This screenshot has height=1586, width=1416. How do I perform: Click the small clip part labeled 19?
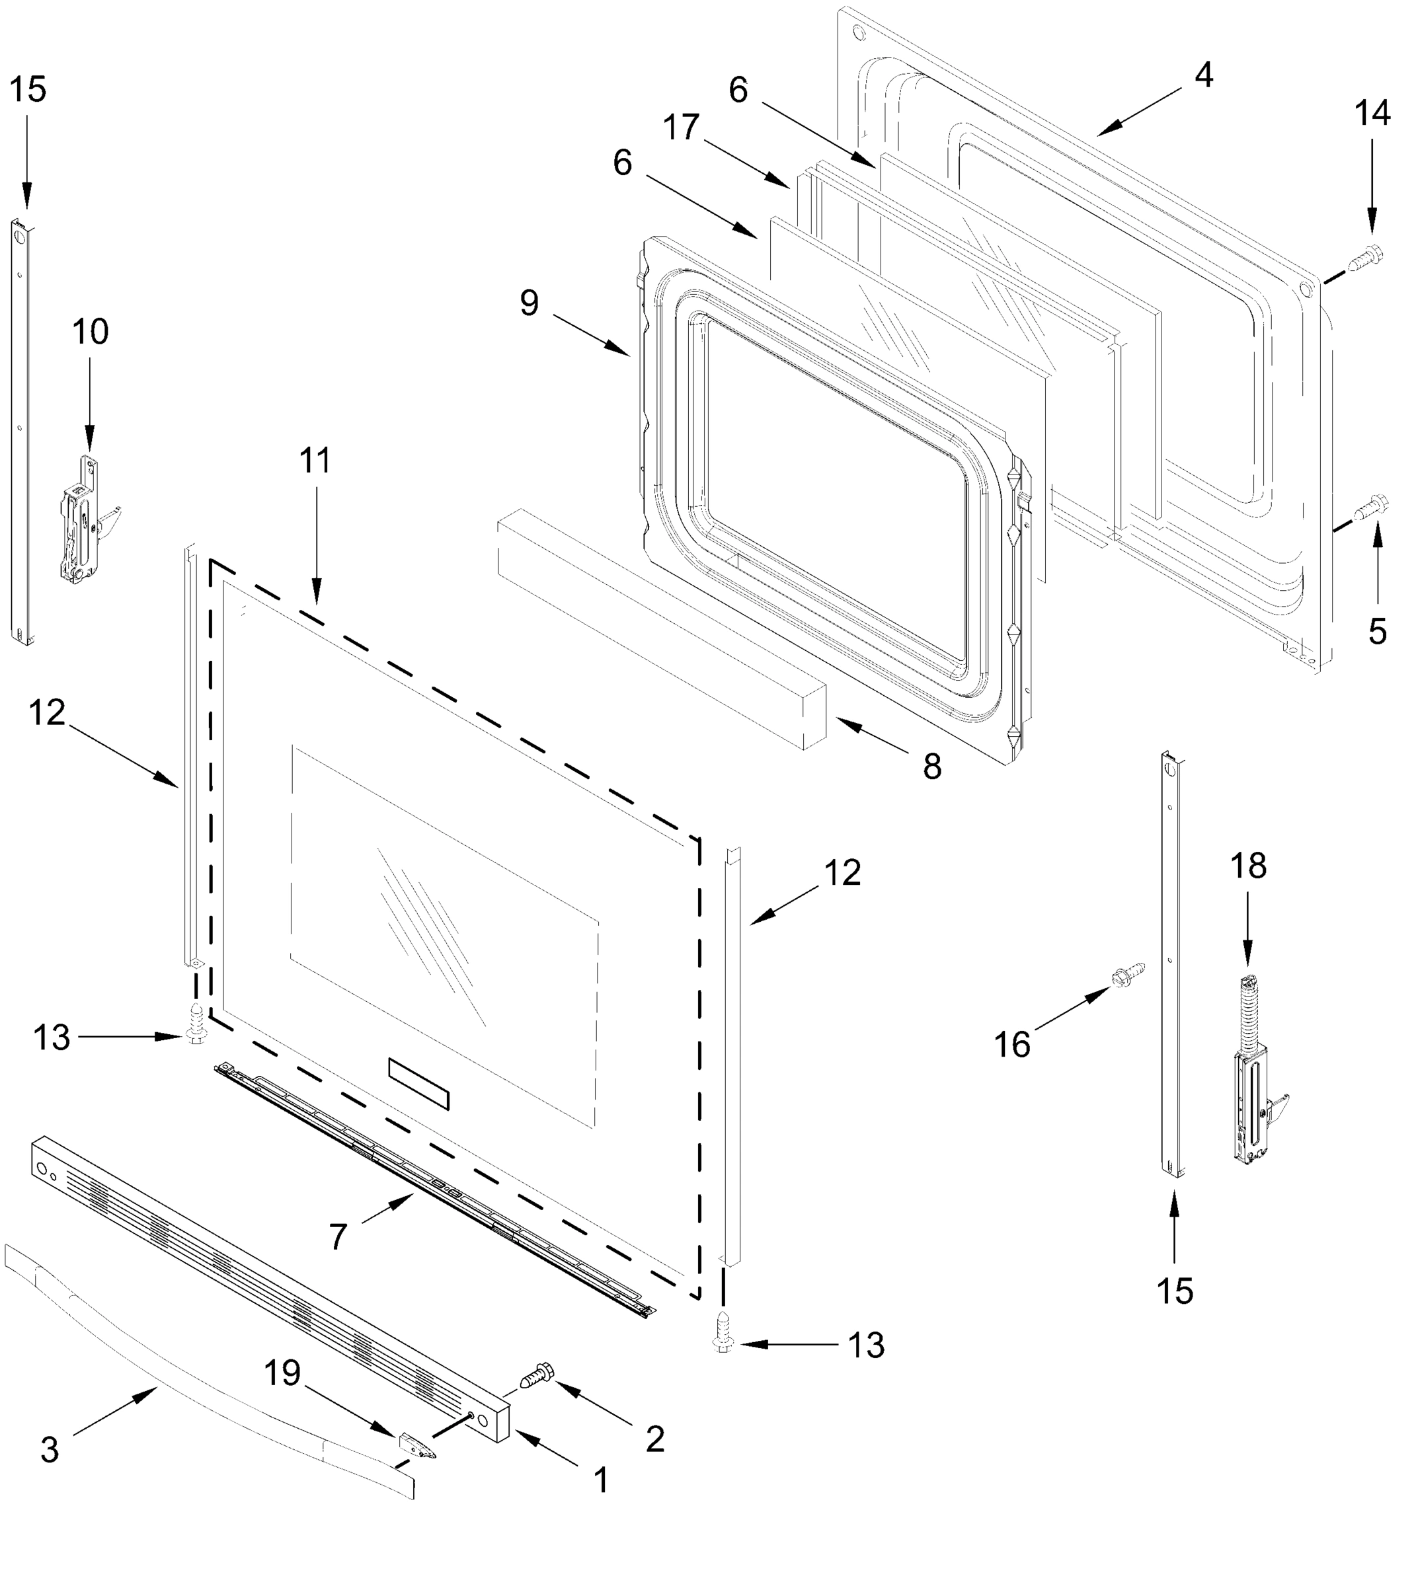point(414,1446)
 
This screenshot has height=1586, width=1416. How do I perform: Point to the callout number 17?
point(682,128)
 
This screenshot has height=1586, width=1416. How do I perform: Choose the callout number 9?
point(529,303)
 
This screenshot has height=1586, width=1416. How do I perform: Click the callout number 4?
point(1203,75)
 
